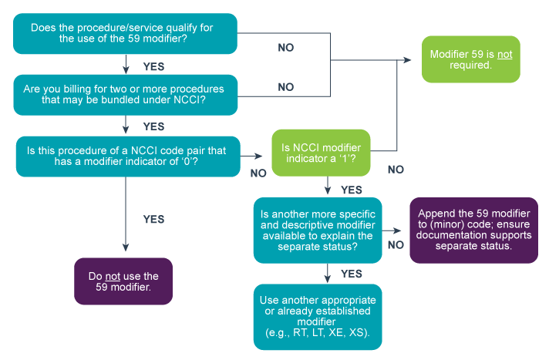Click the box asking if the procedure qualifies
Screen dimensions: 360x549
coord(124,33)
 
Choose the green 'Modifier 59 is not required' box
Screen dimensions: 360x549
coord(470,60)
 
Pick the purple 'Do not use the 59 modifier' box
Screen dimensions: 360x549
coord(123,282)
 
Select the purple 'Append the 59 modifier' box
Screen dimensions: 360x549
coord(473,230)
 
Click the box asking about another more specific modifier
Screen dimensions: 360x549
coord(317,230)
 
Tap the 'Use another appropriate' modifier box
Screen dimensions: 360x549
coord(317,316)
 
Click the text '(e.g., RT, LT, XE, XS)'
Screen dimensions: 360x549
coord(317,333)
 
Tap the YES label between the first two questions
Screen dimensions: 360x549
coord(154,66)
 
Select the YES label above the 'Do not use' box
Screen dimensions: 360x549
coord(153,219)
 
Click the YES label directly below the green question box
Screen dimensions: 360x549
coord(351,190)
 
